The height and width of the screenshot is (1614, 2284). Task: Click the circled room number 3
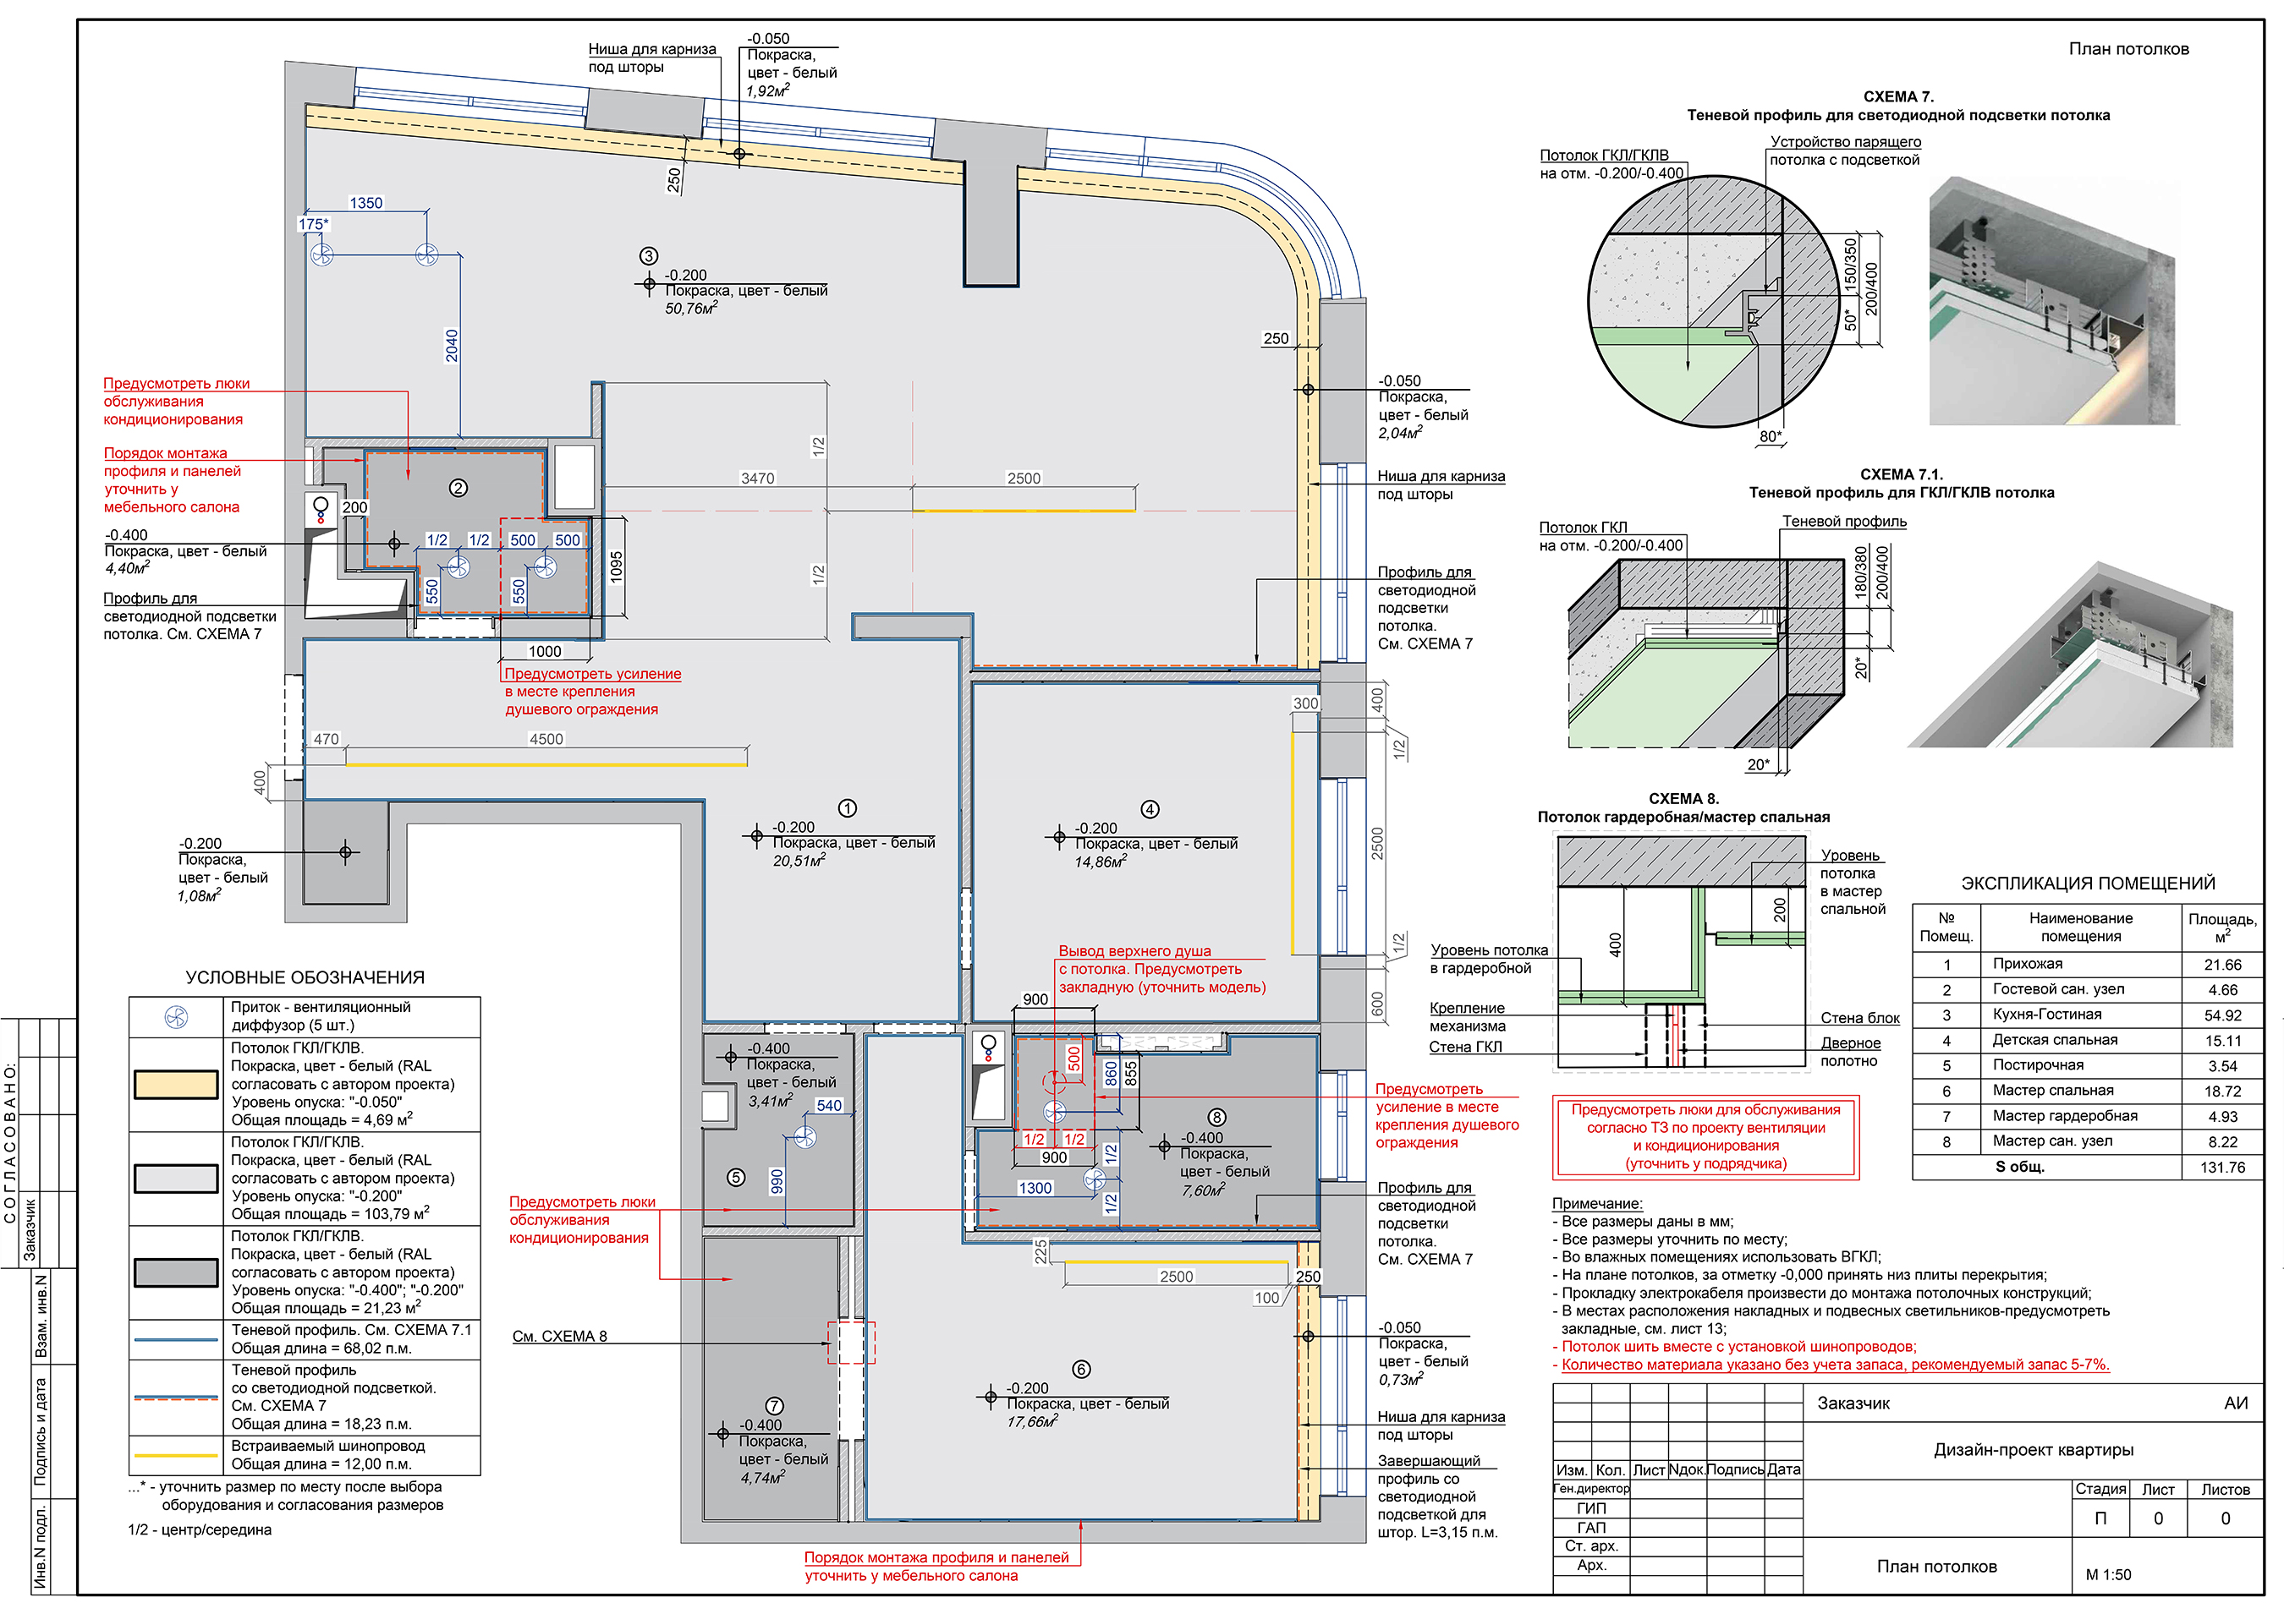pyautogui.click(x=649, y=256)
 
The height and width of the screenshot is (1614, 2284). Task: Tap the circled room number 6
pyautogui.click(x=1081, y=1370)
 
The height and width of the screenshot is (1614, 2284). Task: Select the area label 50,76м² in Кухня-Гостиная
pyautogui.click(x=690, y=309)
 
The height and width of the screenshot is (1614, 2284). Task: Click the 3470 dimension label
pyautogui.click(x=757, y=479)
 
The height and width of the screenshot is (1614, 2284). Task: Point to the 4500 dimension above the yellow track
pyautogui.click(x=546, y=739)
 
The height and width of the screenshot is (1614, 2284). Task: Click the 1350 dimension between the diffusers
pyautogui.click(x=366, y=203)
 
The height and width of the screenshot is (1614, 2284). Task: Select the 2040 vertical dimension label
pyautogui.click(x=452, y=345)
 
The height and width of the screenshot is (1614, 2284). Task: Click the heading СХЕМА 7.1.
pyautogui.click(x=1901, y=474)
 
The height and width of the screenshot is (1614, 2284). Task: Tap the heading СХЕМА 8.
pyautogui.click(x=1683, y=799)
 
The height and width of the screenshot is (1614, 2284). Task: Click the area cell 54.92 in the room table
pyautogui.click(x=2222, y=1015)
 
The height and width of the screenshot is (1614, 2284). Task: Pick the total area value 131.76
pyautogui.click(x=2222, y=1168)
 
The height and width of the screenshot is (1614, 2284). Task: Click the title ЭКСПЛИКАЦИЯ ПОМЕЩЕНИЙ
pyautogui.click(x=2087, y=883)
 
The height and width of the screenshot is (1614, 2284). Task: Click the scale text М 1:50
pyautogui.click(x=2108, y=1574)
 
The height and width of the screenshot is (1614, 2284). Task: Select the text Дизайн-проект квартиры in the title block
pyautogui.click(x=2034, y=1450)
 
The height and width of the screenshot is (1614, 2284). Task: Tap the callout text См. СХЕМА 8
pyautogui.click(x=559, y=1337)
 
